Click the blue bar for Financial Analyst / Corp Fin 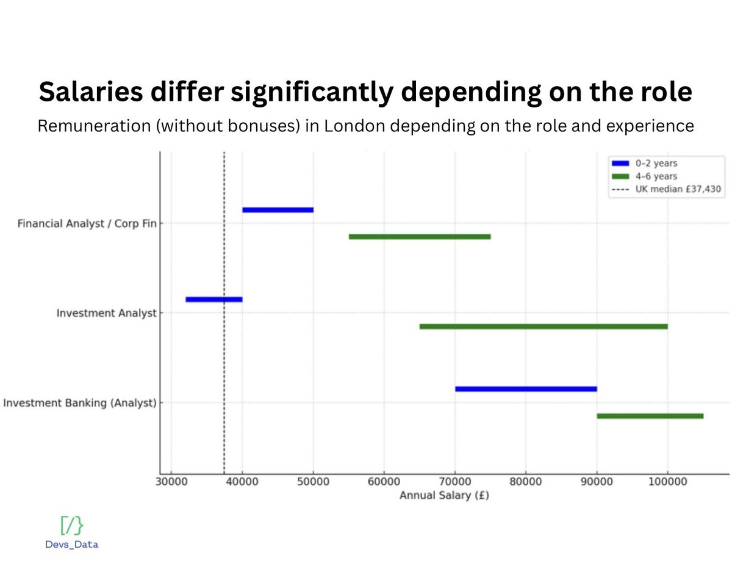point(278,210)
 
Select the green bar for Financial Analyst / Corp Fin point(420,237)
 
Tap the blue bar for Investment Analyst point(214,299)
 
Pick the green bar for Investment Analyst point(544,327)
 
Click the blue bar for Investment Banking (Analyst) point(526,389)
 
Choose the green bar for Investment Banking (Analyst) point(650,416)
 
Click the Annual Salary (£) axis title point(444,496)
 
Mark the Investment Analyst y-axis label point(107,313)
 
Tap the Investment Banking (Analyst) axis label point(80,403)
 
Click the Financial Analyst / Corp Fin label point(82,223)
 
